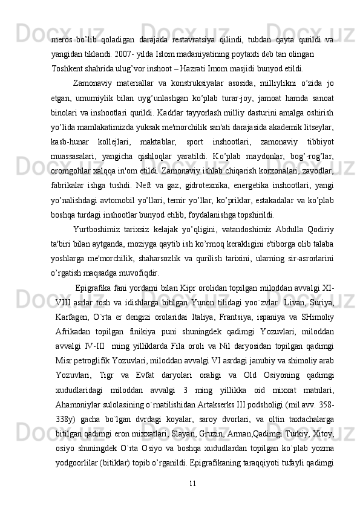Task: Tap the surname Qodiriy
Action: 319,230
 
